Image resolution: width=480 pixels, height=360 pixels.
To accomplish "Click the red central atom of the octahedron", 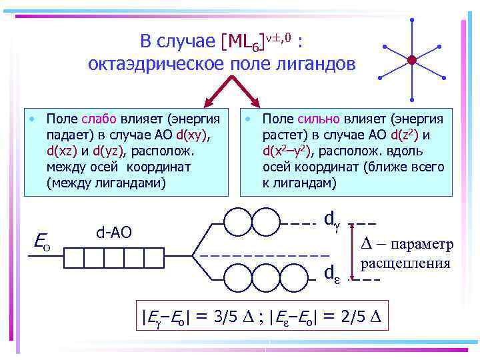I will pyautogui.click(x=411, y=59).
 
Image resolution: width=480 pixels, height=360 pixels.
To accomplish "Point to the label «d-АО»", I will pyautogui.click(x=115, y=232).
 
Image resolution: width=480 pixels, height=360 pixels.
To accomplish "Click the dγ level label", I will pyautogui.click(x=331, y=218).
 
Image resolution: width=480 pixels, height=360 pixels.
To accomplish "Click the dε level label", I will pyautogui.click(x=331, y=273).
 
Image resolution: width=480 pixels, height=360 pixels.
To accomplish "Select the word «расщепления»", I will pyautogui.click(x=405, y=263).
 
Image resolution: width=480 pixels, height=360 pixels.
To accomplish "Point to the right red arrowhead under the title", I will pyautogui.click(x=257, y=105).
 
